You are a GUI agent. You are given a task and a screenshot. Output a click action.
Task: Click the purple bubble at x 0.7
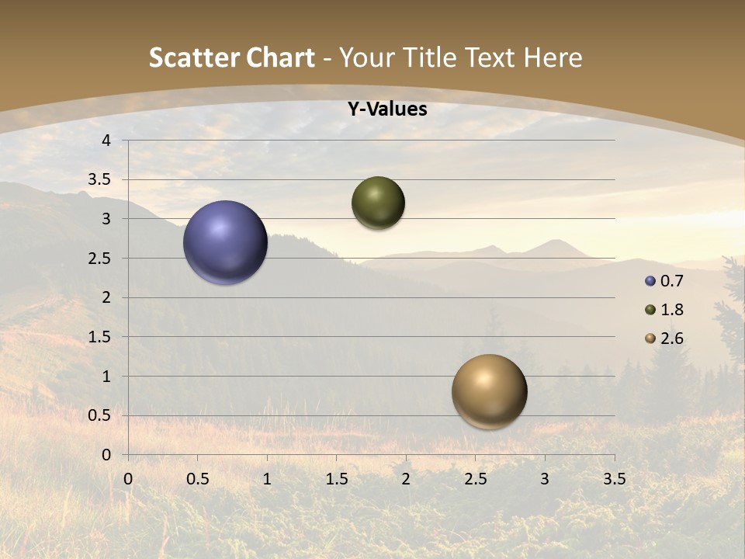coord(225,242)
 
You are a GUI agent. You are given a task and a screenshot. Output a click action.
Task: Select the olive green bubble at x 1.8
coord(378,203)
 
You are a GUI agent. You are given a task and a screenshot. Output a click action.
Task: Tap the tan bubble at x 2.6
coord(489,391)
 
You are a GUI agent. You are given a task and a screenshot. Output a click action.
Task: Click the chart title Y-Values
coord(386,109)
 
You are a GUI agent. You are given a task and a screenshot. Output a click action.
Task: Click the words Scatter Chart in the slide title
coord(231,57)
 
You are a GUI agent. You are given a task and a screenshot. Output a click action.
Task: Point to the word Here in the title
coord(553,57)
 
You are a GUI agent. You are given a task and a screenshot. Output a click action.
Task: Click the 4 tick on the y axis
coord(106,141)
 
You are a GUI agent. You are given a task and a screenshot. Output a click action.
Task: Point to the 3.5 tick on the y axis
coord(99,180)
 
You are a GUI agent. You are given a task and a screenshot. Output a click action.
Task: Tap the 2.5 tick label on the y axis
coord(99,259)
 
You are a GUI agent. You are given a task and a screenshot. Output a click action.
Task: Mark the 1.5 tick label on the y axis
coord(99,337)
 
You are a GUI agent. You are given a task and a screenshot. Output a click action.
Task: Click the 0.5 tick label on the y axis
coord(99,416)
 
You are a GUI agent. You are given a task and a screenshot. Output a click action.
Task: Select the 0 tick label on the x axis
coord(129,479)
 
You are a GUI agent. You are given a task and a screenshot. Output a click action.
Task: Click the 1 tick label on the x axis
coord(267,479)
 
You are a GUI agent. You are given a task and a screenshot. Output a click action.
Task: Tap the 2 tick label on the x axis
coord(406,479)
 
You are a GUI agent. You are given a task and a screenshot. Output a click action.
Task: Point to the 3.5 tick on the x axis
coord(614,479)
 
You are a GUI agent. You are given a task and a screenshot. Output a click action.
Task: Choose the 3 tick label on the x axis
coord(545,479)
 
